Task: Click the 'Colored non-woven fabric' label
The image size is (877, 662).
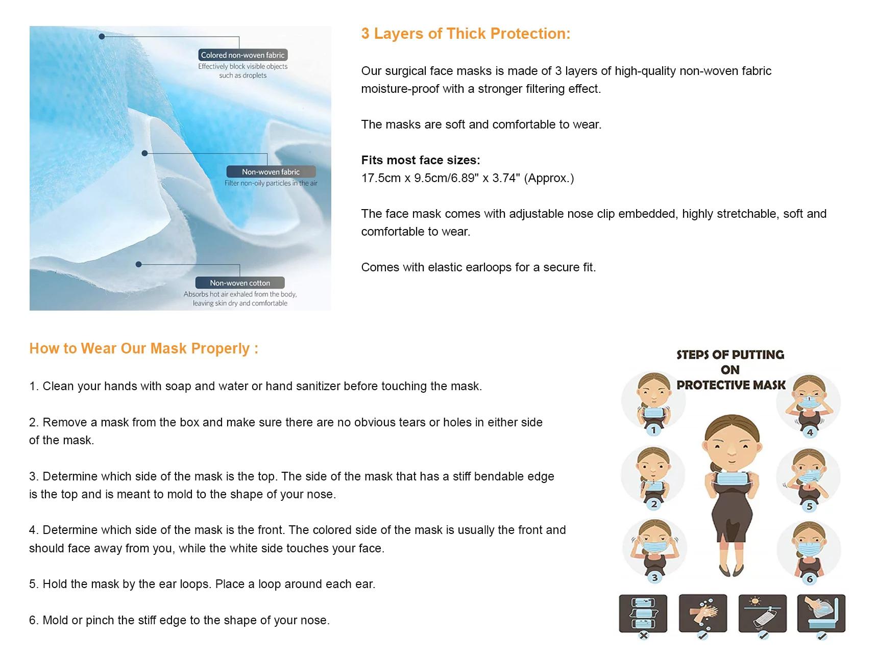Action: (x=243, y=55)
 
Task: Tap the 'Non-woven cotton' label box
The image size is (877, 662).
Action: (x=240, y=283)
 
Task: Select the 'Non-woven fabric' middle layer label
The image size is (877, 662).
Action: (x=271, y=172)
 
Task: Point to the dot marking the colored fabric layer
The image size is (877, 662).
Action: (x=102, y=37)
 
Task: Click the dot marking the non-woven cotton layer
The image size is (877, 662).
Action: (x=138, y=264)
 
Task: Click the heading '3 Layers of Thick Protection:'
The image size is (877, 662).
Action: (x=466, y=34)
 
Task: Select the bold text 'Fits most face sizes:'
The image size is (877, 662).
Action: (x=421, y=160)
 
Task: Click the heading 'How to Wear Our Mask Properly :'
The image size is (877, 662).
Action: (x=144, y=348)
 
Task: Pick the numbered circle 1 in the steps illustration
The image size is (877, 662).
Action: (x=653, y=430)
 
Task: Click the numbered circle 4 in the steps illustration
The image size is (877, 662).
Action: (x=810, y=432)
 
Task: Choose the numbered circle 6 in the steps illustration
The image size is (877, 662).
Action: (x=810, y=579)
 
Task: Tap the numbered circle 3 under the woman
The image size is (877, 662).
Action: (x=654, y=577)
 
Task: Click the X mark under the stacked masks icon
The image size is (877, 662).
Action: (x=644, y=635)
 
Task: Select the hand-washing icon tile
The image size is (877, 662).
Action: (x=703, y=613)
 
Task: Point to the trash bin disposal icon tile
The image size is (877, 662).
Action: (x=821, y=613)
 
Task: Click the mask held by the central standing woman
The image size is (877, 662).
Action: (x=732, y=478)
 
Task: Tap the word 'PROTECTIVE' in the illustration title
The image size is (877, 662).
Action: (x=713, y=385)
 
